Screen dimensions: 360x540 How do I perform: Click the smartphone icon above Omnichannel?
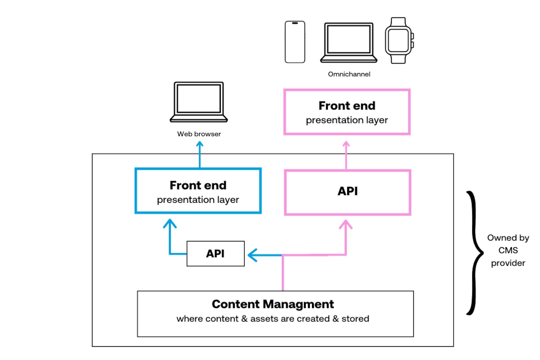(x=295, y=42)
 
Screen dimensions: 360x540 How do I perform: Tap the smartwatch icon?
(x=399, y=40)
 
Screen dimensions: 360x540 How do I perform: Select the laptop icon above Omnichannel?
(x=349, y=42)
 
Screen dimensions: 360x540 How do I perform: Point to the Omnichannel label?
(x=349, y=74)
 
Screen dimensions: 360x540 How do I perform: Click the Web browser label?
(x=199, y=134)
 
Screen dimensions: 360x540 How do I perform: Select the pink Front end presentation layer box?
(x=347, y=112)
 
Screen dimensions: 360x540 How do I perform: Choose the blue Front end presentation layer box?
(x=198, y=191)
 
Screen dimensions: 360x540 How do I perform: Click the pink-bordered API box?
(x=348, y=192)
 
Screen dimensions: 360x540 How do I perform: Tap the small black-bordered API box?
(x=216, y=254)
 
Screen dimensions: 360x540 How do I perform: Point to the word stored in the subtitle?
(x=355, y=319)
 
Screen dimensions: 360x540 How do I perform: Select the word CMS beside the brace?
(x=508, y=250)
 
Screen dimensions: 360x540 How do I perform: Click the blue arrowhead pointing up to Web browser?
(x=199, y=144)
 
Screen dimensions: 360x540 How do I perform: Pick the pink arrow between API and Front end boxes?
(x=346, y=155)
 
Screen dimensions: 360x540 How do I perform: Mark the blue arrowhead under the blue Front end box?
(x=170, y=223)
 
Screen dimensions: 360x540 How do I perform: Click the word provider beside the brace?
(x=508, y=263)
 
